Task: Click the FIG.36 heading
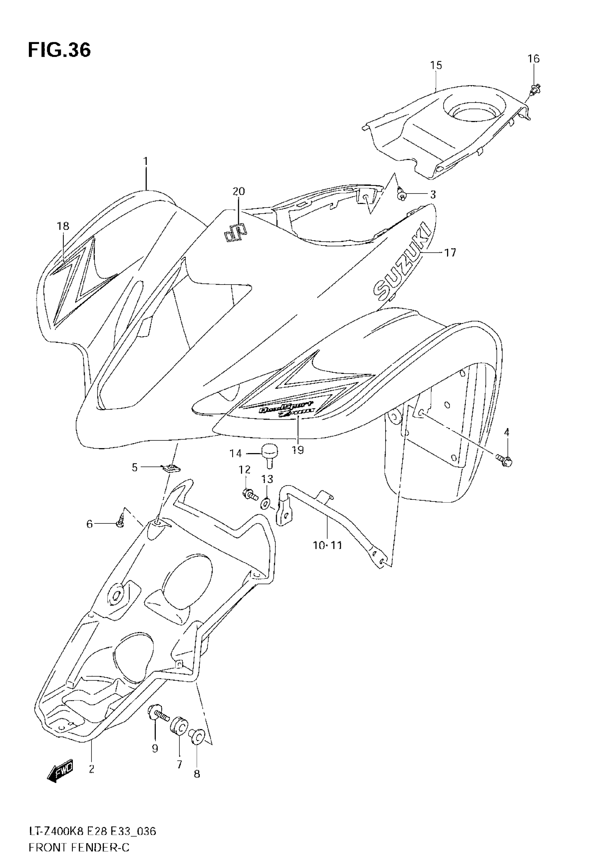59,51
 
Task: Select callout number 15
436,65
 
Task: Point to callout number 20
239,191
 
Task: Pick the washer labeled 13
266,504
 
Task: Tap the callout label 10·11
327,545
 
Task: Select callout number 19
298,450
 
